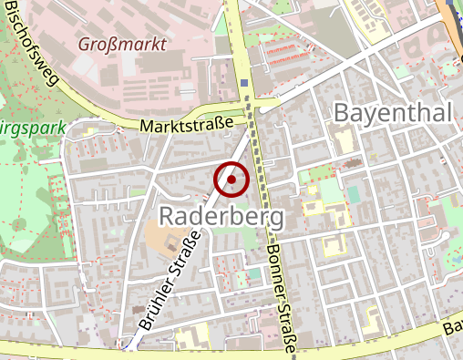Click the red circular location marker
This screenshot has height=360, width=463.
click(x=231, y=180)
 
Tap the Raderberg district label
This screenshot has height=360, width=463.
click(x=221, y=216)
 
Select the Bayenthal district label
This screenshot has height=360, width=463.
click(x=394, y=113)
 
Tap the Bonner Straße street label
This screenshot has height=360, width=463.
click(x=281, y=293)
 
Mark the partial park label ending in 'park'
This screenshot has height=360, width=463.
click(x=33, y=127)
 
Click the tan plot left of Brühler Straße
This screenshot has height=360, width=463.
click(x=164, y=242)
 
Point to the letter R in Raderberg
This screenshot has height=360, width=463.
click(x=167, y=216)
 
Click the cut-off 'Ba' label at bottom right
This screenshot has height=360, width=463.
click(x=451, y=329)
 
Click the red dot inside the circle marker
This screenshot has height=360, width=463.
click(x=231, y=180)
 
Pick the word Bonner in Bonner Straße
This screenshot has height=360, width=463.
click(x=274, y=261)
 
